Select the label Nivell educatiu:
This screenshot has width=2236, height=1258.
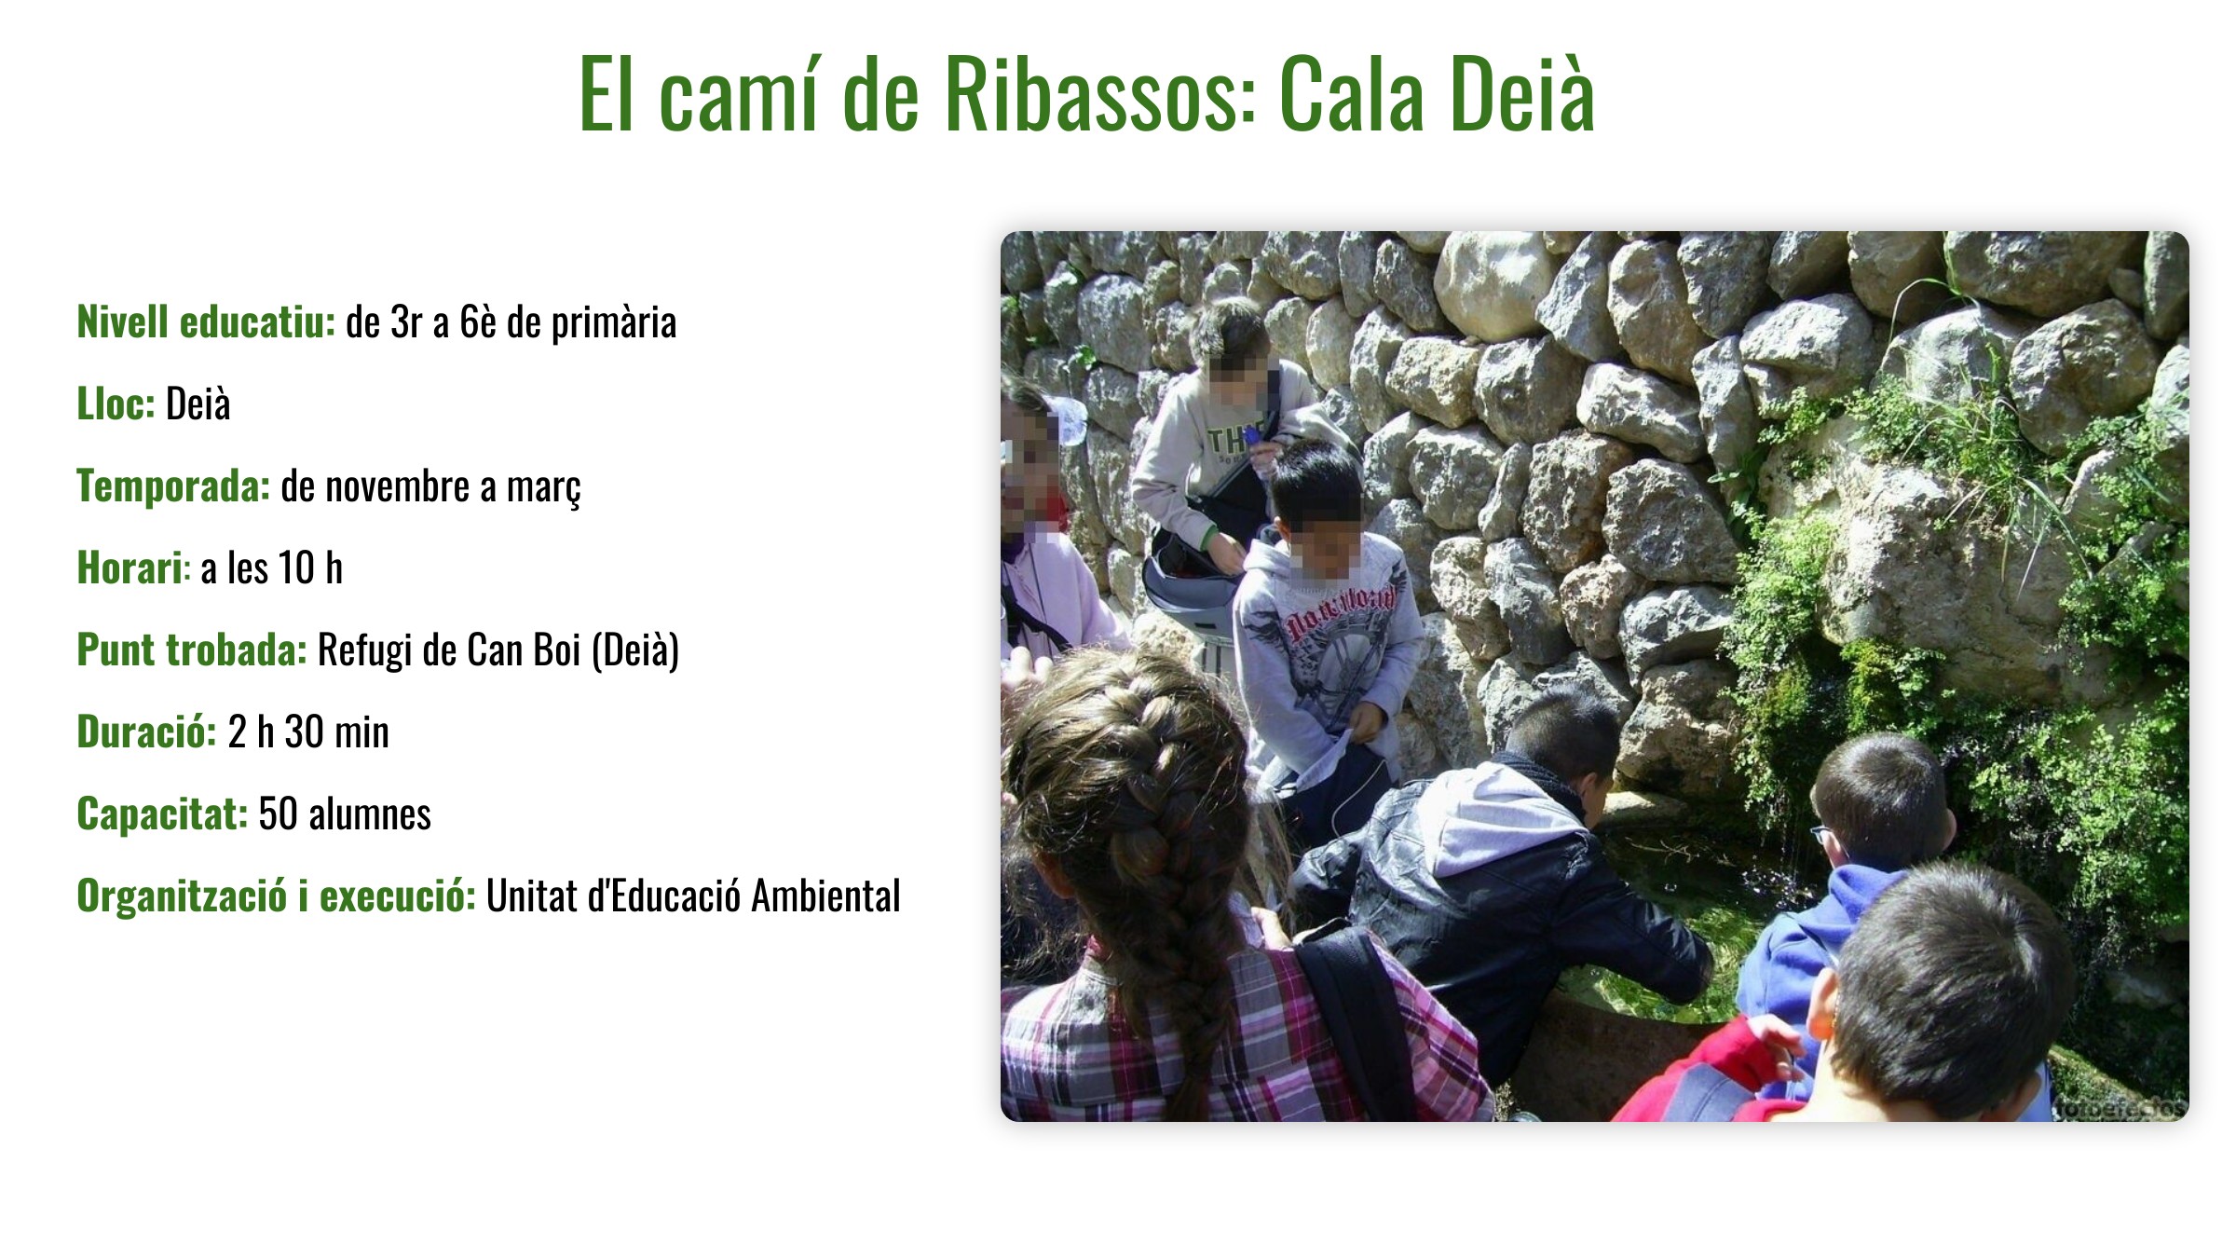(x=206, y=321)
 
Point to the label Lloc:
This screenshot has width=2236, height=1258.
(x=116, y=403)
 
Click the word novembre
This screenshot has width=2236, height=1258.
(x=398, y=486)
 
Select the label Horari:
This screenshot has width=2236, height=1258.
(x=134, y=567)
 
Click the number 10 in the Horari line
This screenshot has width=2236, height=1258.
(x=296, y=567)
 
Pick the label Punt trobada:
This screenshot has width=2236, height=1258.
(x=192, y=650)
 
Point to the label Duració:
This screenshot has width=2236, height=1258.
(x=146, y=732)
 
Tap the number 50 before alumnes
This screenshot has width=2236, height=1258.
(x=278, y=814)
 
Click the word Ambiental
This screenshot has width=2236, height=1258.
(x=826, y=896)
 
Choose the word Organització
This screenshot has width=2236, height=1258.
(x=182, y=896)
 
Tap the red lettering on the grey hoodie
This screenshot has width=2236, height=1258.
(x=1342, y=609)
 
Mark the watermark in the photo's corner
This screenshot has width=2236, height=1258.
(x=2119, y=1108)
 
